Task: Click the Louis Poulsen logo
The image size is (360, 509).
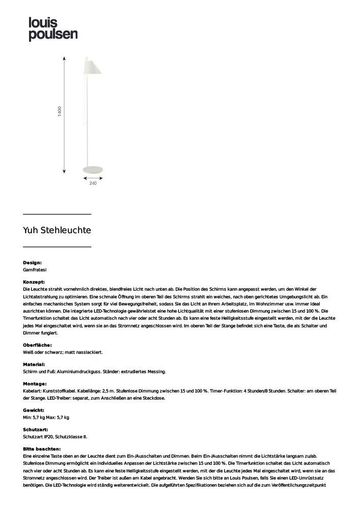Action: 53,29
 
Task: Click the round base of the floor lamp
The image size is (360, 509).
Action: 93,168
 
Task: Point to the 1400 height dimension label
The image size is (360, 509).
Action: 60,112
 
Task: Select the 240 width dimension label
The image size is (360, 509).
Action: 93,183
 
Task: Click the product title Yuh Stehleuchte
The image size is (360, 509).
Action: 57,230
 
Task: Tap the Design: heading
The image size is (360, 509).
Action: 32,263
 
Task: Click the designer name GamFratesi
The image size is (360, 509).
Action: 35,269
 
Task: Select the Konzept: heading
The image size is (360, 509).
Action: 34,281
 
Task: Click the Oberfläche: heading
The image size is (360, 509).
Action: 37,345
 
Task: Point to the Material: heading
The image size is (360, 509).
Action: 34,364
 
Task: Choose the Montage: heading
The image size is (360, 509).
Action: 35,384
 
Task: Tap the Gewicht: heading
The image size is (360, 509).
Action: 34,410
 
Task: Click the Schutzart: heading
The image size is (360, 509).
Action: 35,430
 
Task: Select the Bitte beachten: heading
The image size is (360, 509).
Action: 42,449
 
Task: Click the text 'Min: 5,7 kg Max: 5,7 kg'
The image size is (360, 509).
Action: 46,417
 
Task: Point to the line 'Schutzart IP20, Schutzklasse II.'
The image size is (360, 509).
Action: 55,437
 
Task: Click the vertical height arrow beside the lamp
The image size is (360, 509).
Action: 64,115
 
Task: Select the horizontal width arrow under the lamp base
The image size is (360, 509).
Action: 93,178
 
